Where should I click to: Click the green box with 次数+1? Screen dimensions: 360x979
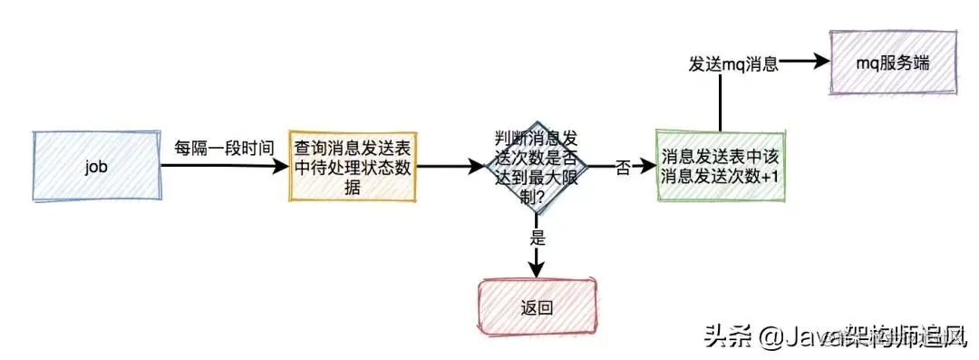721,167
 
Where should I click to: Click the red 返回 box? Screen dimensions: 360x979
538,306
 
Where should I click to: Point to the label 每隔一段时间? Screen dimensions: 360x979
223,145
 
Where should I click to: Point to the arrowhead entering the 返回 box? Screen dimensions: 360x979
537,268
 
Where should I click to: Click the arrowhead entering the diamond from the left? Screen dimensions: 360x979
476,167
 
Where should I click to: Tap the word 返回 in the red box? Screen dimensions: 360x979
538,306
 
